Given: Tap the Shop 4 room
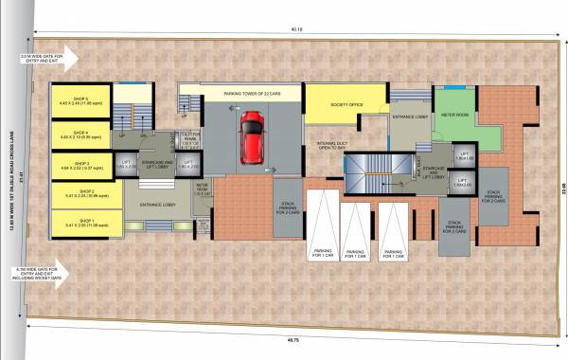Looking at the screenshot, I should (81, 135).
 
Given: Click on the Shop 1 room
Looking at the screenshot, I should (81, 225).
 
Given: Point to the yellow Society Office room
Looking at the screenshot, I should (346, 105).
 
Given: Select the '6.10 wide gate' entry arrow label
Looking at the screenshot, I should (38, 274).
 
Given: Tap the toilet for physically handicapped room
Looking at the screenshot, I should (188, 139).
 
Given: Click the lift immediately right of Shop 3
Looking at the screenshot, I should (125, 165).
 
